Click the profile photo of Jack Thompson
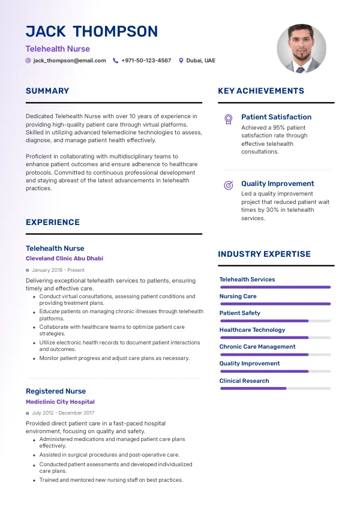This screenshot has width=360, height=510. (301, 49)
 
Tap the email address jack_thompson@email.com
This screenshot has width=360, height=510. (70, 61)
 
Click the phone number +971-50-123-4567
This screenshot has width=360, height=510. (146, 61)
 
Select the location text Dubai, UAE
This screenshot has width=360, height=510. (200, 61)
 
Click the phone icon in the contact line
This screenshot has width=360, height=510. (115, 61)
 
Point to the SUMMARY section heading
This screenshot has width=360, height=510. (47, 91)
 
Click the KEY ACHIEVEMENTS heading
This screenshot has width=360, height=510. (261, 91)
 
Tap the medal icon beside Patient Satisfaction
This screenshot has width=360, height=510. (228, 119)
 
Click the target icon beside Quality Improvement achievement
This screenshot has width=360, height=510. (228, 185)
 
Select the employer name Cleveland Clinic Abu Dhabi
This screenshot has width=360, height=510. (64, 259)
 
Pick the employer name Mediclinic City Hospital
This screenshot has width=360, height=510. (60, 402)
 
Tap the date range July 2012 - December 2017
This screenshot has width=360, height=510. (63, 413)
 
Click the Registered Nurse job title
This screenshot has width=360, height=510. (56, 391)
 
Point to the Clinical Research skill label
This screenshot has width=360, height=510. (244, 381)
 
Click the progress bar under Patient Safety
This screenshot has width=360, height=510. (275, 321)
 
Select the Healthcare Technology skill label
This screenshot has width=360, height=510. (252, 330)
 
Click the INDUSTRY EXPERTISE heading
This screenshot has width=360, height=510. (264, 254)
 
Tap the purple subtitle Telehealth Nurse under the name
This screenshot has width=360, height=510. (58, 49)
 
